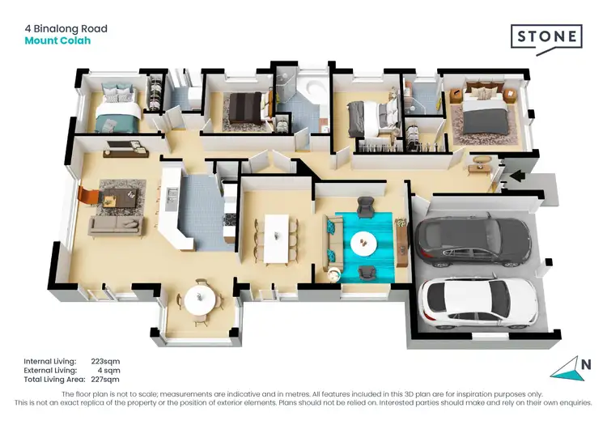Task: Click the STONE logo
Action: coord(545,37)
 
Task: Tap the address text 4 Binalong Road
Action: coord(66,29)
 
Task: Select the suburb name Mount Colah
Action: coord(57,40)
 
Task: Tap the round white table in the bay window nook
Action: coord(200,300)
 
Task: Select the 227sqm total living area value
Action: coord(105,379)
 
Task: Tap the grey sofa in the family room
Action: coord(116,225)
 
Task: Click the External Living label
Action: coord(51,370)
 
